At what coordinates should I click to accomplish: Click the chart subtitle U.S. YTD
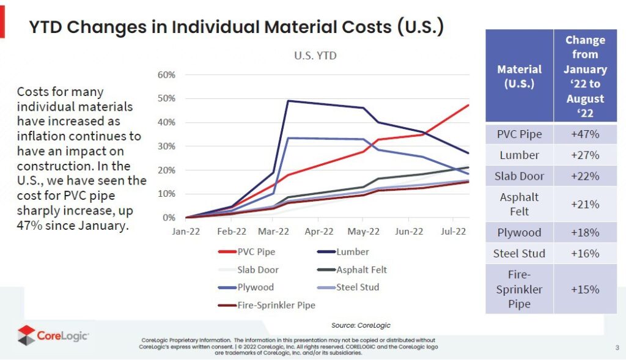pos(315,56)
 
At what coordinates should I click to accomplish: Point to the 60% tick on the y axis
pos(167,75)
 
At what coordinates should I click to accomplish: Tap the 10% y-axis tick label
pos(167,194)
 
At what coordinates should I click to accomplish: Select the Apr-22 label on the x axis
pos(319,232)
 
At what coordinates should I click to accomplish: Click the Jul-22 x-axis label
pos(453,232)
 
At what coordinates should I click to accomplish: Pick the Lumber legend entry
pos(353,251)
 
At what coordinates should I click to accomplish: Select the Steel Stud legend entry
pos(358,287)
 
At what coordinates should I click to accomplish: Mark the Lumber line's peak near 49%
pos(288,101)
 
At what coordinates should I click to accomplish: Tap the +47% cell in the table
pos(585,134)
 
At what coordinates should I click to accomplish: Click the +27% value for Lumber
pos(585,155)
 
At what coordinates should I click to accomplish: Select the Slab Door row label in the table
pos(519,176)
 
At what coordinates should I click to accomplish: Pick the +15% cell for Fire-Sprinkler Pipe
pos(585,289)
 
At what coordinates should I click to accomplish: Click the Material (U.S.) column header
pos(519,76)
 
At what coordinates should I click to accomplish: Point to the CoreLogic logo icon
pos(26,335)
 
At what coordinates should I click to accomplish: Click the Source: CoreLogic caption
pos(361,325)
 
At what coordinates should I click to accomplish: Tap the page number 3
pos(617,348)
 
